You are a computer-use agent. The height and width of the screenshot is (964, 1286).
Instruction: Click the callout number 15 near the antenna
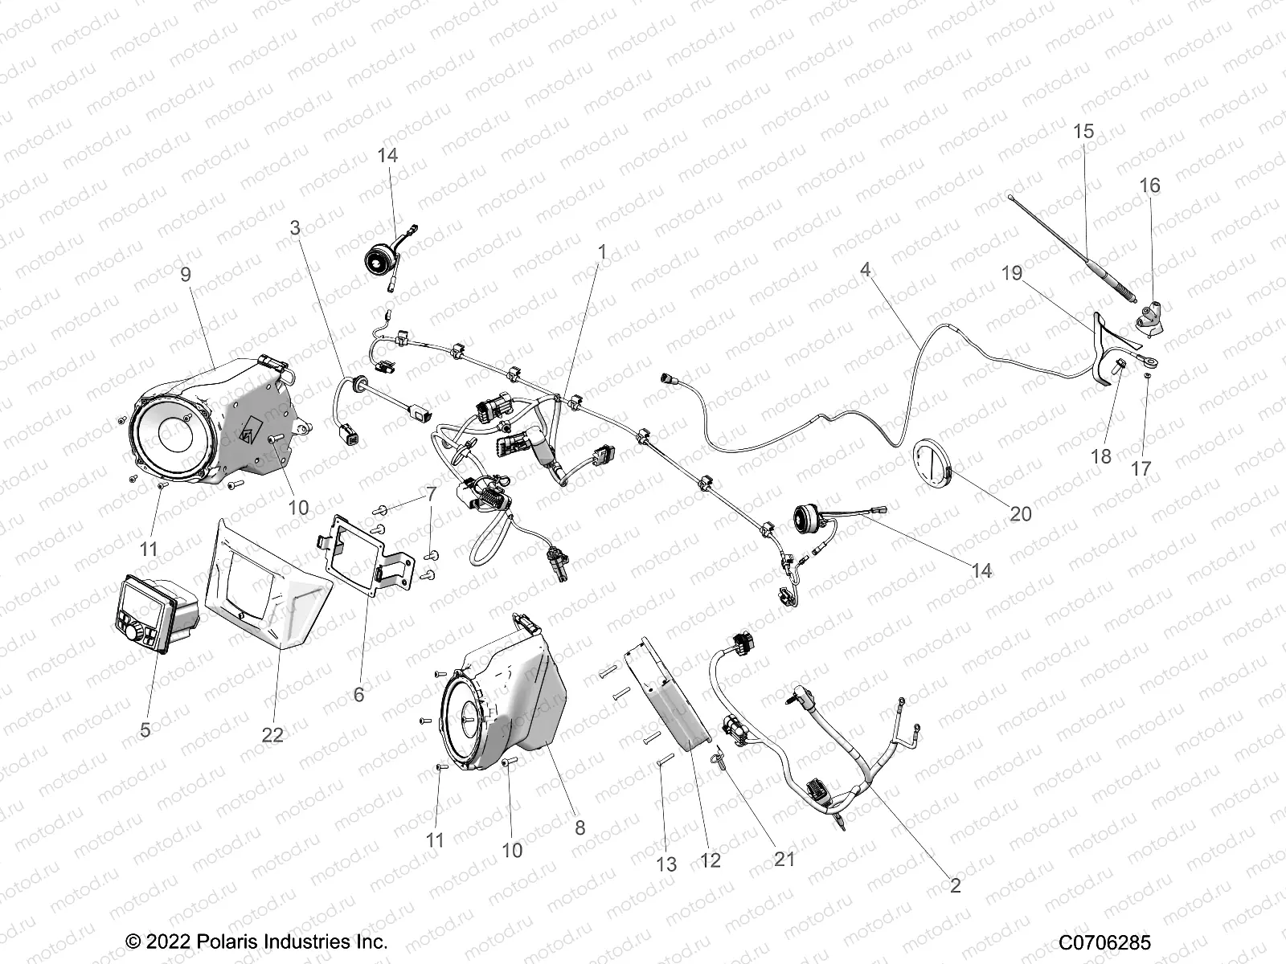(1083, 131)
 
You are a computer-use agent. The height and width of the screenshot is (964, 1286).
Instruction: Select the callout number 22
(272, 734)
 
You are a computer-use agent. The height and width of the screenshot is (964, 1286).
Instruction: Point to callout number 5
(145, 730)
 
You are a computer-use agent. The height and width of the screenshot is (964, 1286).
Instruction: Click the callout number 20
(1020, 513)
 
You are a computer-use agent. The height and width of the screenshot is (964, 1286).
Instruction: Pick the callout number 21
(784, 859)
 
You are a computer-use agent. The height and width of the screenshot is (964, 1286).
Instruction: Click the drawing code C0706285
(1104, 942)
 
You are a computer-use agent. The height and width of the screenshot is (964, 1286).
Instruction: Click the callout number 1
(601, 252)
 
